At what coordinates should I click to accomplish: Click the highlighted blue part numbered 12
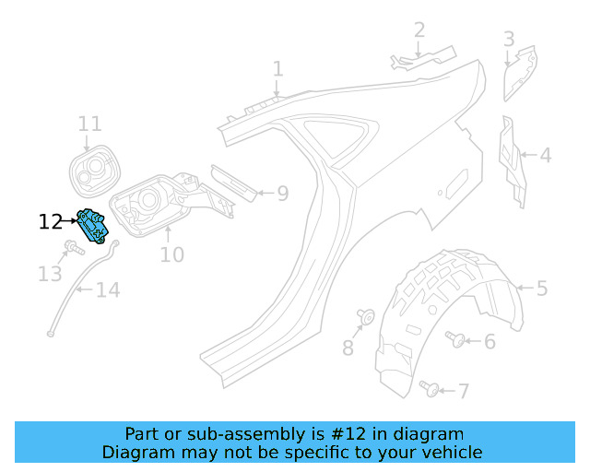tap(93, 225)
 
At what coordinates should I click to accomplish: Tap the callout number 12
tap(51, 221)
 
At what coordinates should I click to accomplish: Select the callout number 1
tap(277, 69)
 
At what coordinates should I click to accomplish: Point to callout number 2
tap(419, 29)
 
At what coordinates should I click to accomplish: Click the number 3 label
tap(509, 39)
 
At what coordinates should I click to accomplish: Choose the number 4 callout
tap(546, 155)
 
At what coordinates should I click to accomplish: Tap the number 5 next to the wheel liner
tap(542, 289)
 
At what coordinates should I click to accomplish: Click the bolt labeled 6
tap(454, 338)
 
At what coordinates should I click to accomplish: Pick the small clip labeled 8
tap(364, 317)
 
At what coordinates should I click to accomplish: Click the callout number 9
tap(283, 194)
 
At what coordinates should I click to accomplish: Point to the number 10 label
tap(171, 254)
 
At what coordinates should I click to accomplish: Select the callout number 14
tap(108, 291)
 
